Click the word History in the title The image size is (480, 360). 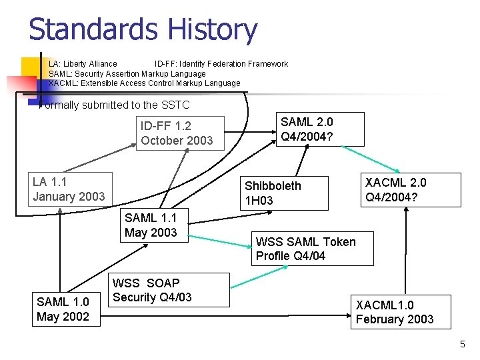[x=213, y=30]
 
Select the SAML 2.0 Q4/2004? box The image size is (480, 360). [x=321, y=129]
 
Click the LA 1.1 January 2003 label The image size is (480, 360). [x=69, y=189]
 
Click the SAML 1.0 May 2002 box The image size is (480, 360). [x=63, y=309]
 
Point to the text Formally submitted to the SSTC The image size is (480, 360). [x=115, y=105]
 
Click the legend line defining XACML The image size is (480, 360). [x=144, y=83]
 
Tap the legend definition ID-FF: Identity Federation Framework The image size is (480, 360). [x=221, y=64]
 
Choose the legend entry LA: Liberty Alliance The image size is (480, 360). [x=83, y=64]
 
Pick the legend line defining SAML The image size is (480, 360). [x=127, y=73]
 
